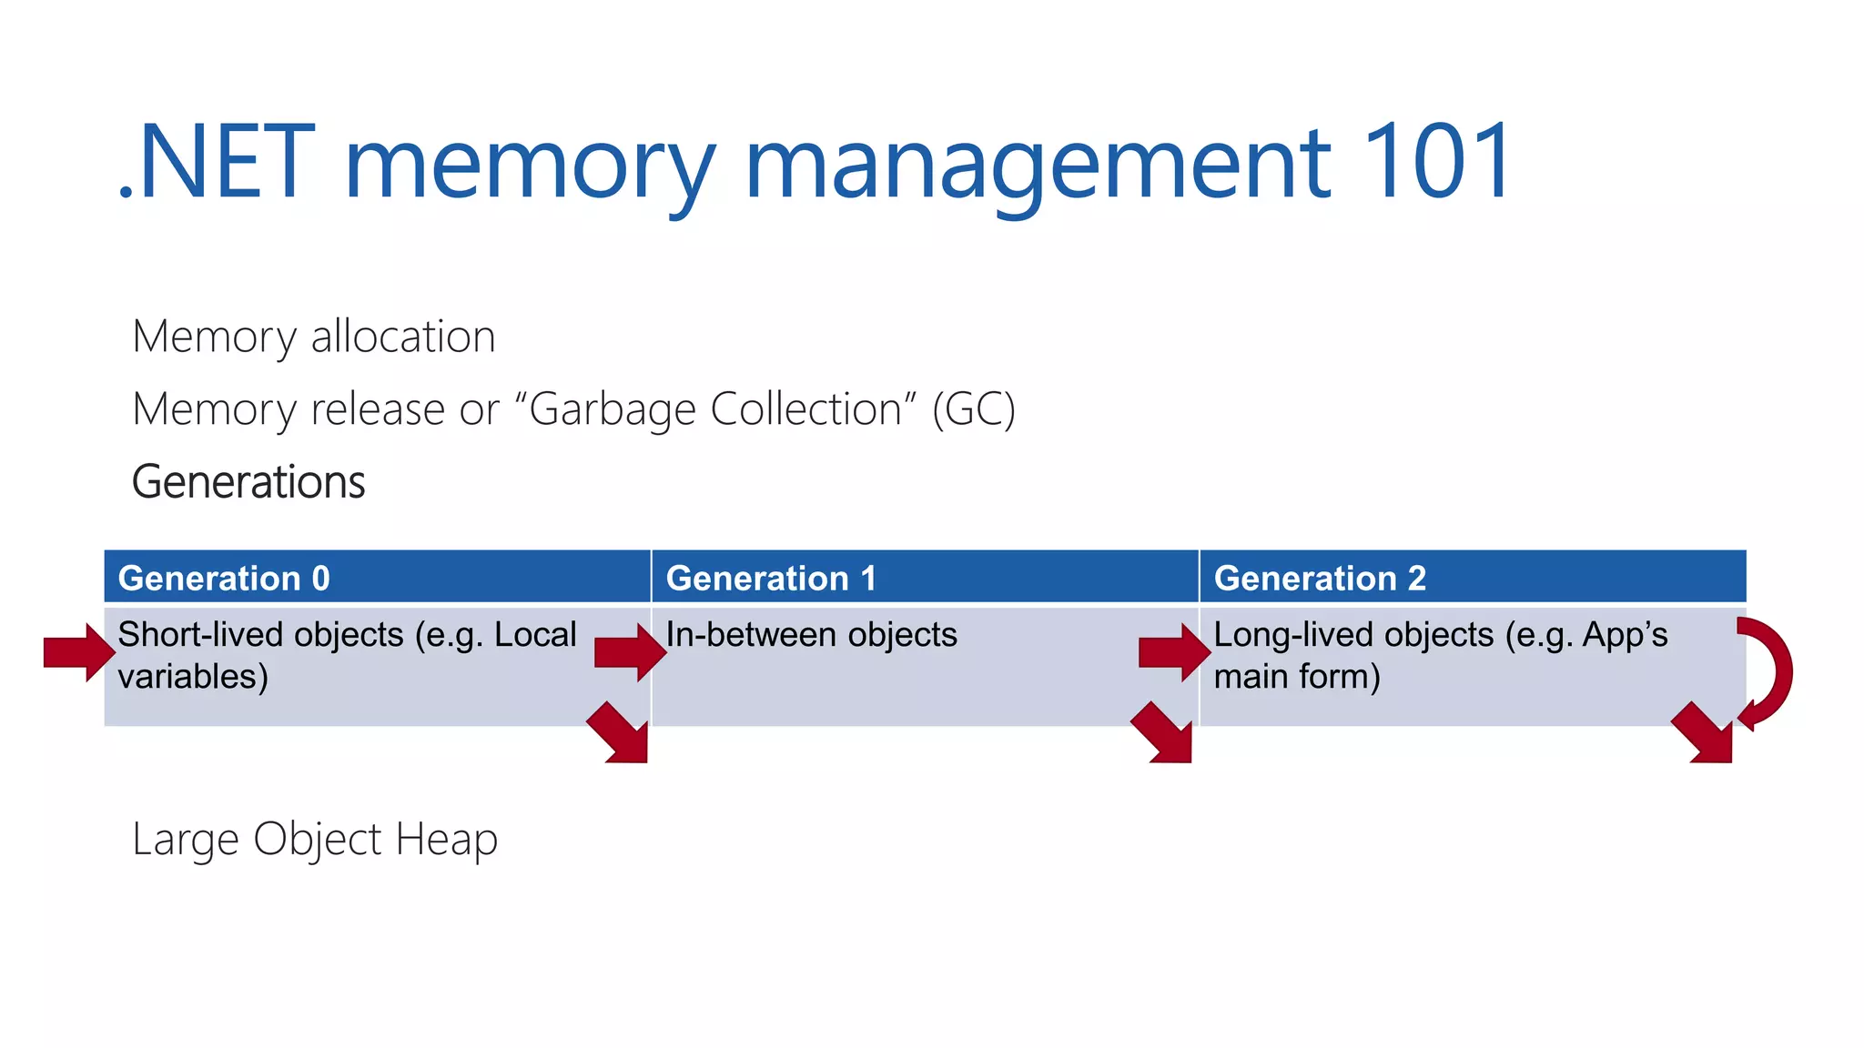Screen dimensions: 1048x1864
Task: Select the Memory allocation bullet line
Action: (x=313, y=337)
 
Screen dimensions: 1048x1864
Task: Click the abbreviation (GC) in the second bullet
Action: (x=973, y=409)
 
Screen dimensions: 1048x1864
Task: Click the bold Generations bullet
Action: (x=248, y=481)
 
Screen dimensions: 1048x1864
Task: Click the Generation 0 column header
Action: (x=224, y=578)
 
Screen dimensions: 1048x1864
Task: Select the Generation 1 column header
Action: (x=771, y=578)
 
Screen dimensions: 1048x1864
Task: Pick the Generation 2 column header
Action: (x=1320, y=578)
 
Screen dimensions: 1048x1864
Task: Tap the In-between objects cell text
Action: (x=811, y=634)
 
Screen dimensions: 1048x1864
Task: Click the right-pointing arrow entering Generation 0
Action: (x=79, y=652)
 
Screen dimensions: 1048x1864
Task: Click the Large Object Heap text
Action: (x=315, y=839)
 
